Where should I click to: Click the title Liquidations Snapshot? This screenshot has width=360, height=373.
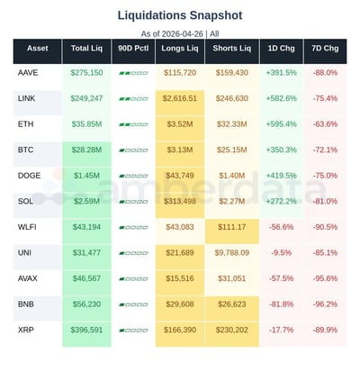click(x=179, y=15)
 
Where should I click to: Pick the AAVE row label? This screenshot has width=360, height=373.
click(x=28, y=72)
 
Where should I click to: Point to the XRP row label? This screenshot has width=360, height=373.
click(x=27, y=332)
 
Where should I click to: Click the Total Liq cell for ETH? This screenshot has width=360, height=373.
click(x=86, y=124)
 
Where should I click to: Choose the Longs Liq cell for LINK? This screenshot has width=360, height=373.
click(x=180, y=98)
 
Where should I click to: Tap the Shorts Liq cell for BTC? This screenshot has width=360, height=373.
click(x=231, y=150)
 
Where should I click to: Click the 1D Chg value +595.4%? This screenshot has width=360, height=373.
click(x=282, y=124)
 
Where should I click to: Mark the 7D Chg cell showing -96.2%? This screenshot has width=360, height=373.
click(x=325, y=306)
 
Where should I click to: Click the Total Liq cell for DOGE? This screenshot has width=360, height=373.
click(x=86, y=177)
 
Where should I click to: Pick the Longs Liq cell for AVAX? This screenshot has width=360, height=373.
click(x=180, y=280)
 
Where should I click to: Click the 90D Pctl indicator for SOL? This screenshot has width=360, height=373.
click(x=133, y=203)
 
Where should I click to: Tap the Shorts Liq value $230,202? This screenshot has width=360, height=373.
click(x=231, y=332)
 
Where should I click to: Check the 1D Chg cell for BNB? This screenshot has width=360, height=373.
click(x=282, y=306)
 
